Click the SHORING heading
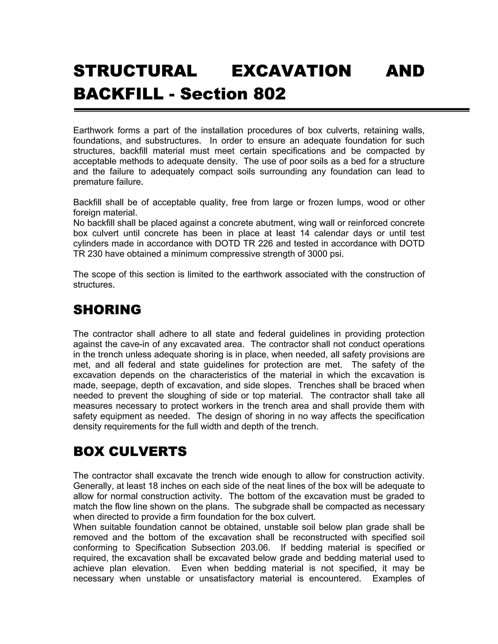(107, 310)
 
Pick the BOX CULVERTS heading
(130, 452)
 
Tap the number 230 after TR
(94, 254)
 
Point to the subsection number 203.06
(255, 548)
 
